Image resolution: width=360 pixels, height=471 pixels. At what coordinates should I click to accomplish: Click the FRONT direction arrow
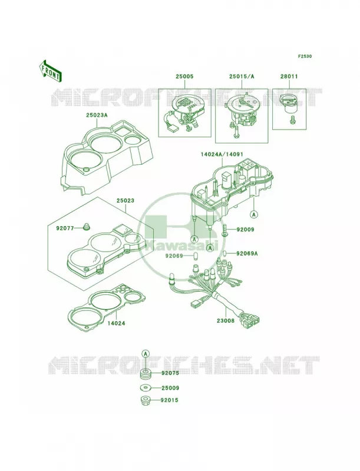click(x=50, y=71)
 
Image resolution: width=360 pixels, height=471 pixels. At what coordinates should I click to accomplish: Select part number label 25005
click(x=184, y=77)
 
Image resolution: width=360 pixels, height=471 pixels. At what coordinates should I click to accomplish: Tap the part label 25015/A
click(x=242, y=77)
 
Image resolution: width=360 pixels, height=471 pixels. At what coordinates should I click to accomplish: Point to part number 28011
click(x=289, y=77)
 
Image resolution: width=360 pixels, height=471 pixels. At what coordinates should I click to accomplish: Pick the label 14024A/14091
click(x=222, y=154)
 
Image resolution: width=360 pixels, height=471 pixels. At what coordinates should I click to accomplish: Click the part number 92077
click(x=65, y=228)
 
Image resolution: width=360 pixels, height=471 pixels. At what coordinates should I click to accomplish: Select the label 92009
click(x=245, y=230)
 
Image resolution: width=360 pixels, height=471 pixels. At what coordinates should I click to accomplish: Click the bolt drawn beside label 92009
click(x=225, y=230)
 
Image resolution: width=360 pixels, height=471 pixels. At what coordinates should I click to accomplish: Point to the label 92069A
click(x=247, y=253)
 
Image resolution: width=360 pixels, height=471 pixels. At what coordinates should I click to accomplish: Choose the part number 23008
click(x=226, y=320)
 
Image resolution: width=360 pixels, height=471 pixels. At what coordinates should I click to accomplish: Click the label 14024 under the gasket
click(x=116, y=323)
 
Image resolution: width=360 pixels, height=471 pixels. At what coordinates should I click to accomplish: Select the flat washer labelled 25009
click(x=146, y=388)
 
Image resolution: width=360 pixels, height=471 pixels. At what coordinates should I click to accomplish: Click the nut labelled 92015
click(x=146, y=400)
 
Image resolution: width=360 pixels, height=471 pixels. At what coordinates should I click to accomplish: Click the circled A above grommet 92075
click(x=146, y=353)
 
